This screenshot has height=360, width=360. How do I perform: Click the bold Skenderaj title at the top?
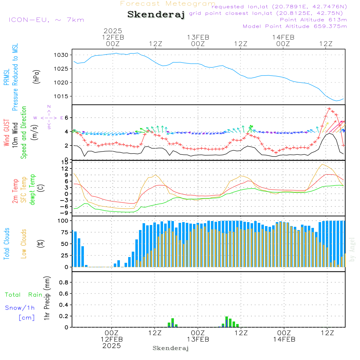[156, 14]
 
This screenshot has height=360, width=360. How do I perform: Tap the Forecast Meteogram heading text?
[168, 4]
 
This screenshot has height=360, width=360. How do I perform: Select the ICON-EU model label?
[46, 20]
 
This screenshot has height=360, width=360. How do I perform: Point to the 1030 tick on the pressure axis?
[61, 55]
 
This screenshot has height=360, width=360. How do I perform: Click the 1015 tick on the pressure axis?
[61, 96]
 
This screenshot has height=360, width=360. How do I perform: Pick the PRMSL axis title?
[6, 77]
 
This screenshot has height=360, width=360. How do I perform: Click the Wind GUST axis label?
[6, 133]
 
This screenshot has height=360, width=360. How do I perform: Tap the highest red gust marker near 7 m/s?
[329, 109]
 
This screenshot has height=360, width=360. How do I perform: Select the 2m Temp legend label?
[15, 191]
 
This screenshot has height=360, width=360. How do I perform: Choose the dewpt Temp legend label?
[32, 189]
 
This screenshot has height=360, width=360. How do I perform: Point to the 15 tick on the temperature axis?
[65, 163]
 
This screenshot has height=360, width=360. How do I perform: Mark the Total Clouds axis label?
[6, 244]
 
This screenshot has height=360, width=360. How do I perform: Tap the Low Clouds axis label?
[24, 244]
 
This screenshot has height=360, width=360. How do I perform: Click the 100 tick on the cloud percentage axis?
[63, 221]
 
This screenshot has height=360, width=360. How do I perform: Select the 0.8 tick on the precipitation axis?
[64, 282]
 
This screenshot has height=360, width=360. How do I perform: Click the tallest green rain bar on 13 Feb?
[226, 322]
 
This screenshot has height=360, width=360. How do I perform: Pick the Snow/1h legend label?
[20, 308]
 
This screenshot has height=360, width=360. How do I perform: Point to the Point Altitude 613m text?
[313, 20]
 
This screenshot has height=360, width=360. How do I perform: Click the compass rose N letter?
[49, 107]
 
